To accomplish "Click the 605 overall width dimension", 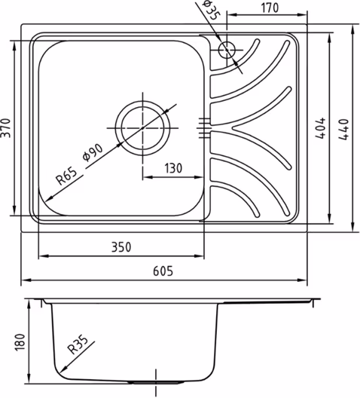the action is [163, 271].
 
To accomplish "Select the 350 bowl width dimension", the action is [121, 247].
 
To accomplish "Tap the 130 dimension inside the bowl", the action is [173, 168].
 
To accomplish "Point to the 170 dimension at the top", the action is [270, 8].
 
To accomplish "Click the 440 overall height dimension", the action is [343, 129].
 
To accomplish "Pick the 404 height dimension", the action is [320, 128].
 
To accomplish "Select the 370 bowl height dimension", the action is [6, 128].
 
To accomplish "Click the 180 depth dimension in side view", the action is [20, 342].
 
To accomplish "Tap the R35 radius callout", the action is [78, 344].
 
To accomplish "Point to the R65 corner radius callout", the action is [66, 176].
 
